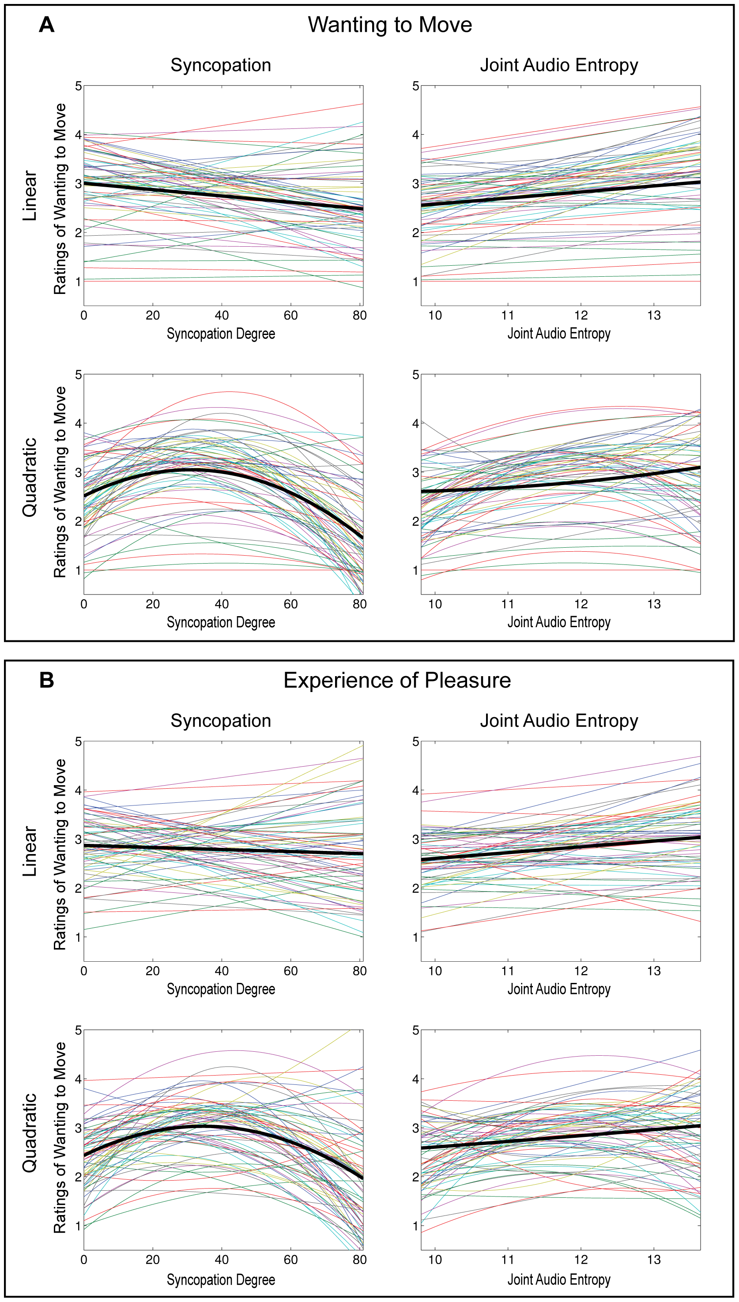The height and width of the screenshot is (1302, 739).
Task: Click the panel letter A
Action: coord(46,24)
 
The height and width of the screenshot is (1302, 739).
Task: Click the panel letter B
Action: coord(46,680)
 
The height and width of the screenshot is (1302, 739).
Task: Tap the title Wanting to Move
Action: coord(390,24)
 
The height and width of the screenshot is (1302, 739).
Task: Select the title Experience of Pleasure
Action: coord(397,680)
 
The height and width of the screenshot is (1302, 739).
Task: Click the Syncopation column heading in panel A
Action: coord(221,65)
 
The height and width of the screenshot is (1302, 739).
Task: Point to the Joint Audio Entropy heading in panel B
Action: coord(559,721)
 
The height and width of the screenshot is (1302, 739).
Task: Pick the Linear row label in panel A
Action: coord(30,196)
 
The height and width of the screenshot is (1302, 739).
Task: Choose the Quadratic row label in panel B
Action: coord(30,1133)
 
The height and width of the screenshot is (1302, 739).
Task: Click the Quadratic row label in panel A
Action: coord(30,477)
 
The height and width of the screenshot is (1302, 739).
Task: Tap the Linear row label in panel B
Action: coord(30,851)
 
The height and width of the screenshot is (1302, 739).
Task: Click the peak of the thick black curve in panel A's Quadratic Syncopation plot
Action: coord(193,470)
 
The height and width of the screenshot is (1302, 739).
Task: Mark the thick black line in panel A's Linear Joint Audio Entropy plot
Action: coord(560,193)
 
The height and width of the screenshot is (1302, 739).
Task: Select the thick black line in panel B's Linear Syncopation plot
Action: coord(223,850)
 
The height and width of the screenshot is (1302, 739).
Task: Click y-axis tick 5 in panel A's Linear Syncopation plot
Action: coord(78,86)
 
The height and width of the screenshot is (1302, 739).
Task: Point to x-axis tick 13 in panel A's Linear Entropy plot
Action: coord(654,316)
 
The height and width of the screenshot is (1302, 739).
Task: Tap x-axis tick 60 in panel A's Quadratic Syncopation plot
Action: coord(290,604)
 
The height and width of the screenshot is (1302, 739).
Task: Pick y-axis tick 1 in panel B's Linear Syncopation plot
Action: coord(78,937)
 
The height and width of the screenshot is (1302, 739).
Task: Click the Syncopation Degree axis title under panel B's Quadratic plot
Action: coord(221,1279)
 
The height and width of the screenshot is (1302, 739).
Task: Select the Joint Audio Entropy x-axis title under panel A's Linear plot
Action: coord(559,334)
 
